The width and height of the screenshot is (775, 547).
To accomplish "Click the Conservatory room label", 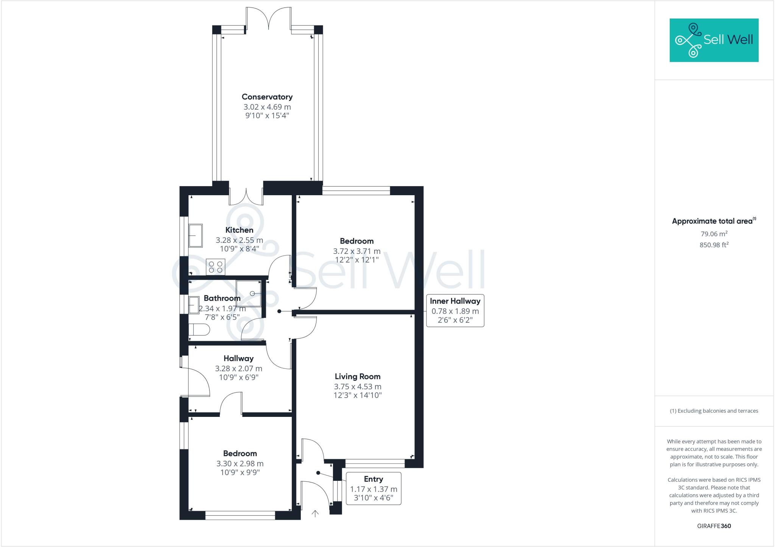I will click(267, 97).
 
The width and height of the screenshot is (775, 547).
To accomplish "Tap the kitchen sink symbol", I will click(196, 235).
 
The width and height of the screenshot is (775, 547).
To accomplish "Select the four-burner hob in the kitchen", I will click(215, 267).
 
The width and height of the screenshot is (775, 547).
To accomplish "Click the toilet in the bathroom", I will click(199, 329).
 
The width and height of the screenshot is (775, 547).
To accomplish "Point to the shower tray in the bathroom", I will click(249, 293).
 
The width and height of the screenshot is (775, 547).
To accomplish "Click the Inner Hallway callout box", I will click(455, 311).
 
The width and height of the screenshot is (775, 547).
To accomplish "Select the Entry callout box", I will click(373, 488).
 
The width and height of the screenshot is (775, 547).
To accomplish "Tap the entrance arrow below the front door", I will click(315, 513).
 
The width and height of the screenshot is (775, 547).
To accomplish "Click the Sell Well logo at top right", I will click(714, 40).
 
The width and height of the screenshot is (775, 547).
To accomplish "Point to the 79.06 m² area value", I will click(714, 234).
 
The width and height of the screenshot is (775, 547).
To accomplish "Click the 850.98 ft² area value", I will click(714, 245).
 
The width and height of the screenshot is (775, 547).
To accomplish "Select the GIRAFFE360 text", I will click(714, 526).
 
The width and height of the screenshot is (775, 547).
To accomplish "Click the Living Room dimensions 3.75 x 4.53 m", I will click(357, 387).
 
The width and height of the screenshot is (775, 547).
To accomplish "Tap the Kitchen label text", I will click(239, 230).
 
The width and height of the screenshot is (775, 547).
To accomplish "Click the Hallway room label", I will click(238, 358).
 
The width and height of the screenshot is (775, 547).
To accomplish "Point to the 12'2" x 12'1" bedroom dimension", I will click(356, 260).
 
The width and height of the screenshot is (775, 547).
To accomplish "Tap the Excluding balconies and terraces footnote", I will click(714, 411).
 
